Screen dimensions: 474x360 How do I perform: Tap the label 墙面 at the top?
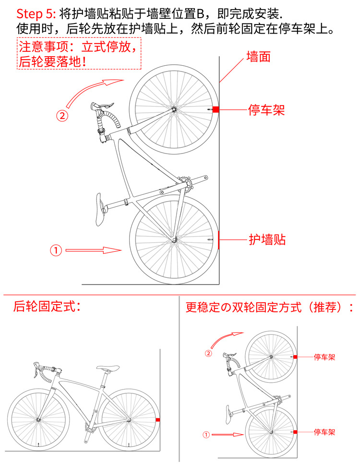tap(259, 57)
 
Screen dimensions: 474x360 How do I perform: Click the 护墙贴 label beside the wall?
tap(267, 239)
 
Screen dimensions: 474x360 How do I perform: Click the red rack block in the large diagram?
tap(216, 110)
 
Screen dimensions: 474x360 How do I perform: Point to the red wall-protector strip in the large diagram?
tap(219, 239)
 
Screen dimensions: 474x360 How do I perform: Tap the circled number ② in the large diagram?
tap(62, 115)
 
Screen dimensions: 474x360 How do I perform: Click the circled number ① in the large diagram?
tap(56, 250)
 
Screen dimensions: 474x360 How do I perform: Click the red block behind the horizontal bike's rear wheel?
tap(158, 420)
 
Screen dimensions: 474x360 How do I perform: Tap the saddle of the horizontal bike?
tap(108, 369)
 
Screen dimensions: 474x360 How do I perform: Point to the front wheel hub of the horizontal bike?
tap(38, 421)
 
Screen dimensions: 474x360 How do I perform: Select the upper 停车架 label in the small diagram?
tap(324, 357)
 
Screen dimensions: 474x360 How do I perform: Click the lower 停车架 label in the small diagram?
tap(324, 432)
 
